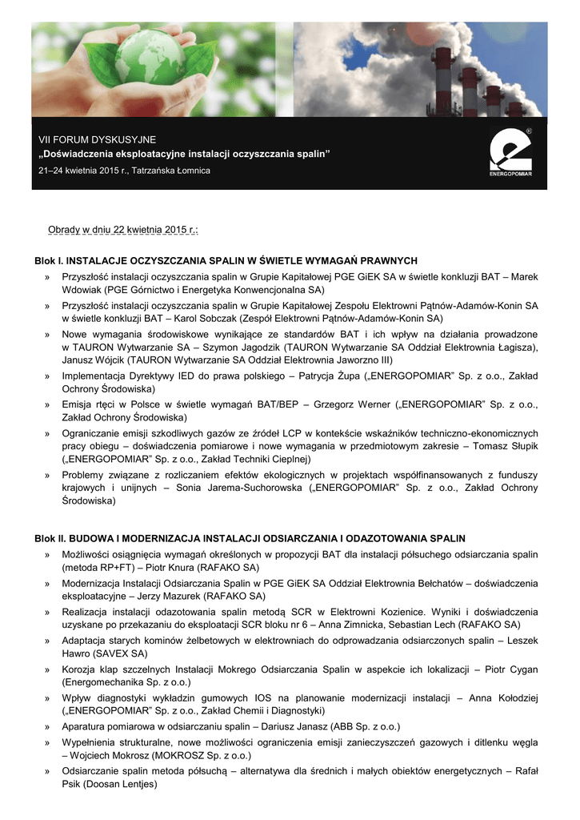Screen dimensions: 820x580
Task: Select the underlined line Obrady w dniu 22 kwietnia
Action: click(123, 231)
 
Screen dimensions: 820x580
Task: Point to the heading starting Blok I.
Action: click(226, 261)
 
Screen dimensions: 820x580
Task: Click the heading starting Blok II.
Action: click(250, 539)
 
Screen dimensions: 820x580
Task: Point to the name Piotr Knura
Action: click(166, 567)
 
